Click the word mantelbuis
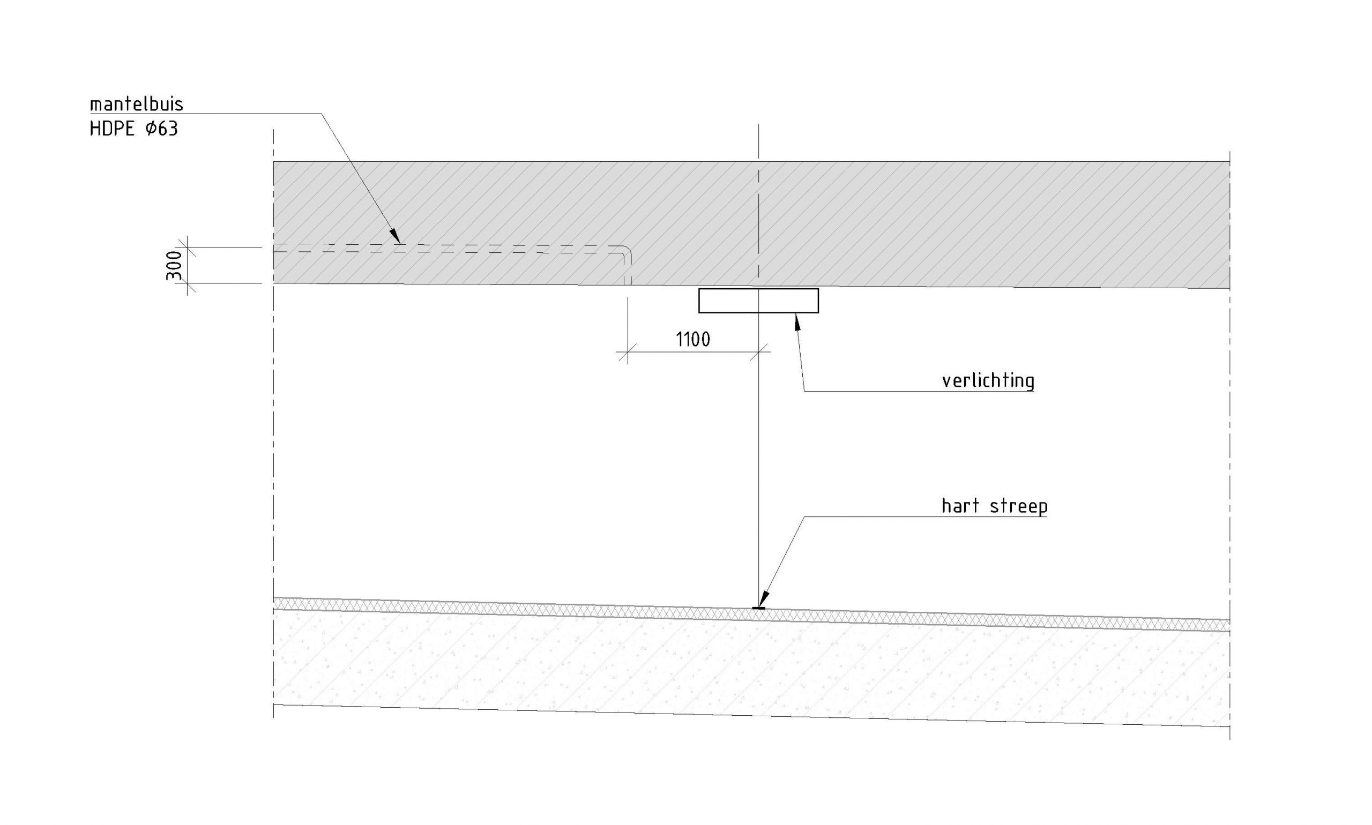[136, 104]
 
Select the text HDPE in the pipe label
[112, 129]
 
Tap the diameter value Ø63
[161, 129]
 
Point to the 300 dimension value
[174, 265]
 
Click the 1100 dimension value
[692, 339]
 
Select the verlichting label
[988, 381]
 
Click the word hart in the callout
[960, 506]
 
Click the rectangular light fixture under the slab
[758, 301]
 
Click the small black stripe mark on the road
[758, 608]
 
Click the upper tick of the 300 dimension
[187, 247]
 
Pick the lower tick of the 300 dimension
[187, 283]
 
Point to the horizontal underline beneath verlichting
[918, 392]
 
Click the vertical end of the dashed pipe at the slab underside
[628, 278]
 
